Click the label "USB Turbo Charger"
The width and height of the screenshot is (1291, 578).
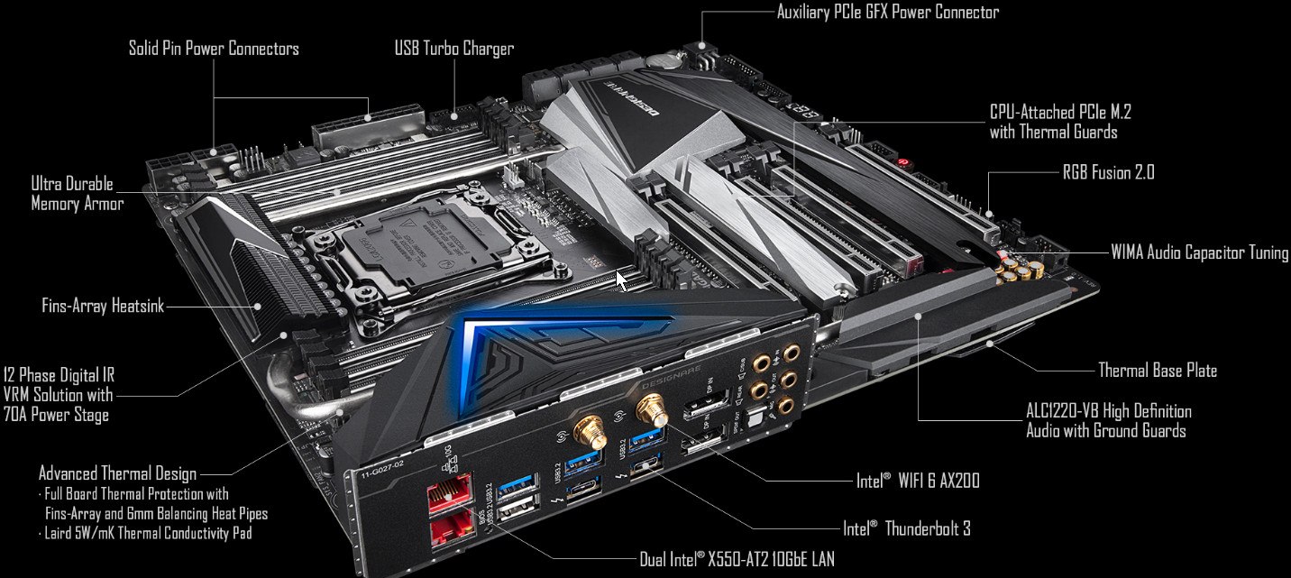click(454, 49)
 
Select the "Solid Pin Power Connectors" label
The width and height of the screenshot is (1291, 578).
click(214, 49)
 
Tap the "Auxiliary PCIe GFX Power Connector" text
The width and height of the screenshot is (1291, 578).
click(887, 12)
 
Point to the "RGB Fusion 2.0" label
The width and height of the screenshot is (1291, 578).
click(1108, 172)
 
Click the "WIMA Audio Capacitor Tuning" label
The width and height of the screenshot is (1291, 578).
click(1199, 252)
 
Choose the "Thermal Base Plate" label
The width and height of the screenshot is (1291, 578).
click(1158, 370)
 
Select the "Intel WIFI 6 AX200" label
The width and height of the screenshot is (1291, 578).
click(918, 481)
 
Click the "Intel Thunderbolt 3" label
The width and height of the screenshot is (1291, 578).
click(907, 528)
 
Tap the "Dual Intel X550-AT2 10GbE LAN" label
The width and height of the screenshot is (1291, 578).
click(737, 558)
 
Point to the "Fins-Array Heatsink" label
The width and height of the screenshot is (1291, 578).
click(103, 306)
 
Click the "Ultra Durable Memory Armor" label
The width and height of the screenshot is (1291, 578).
click(78, 194)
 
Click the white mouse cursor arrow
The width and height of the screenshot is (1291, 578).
click(622, 281)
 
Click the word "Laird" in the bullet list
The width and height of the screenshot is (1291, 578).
click(58, 533)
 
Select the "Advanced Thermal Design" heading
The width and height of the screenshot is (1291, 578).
click(117, 473)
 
